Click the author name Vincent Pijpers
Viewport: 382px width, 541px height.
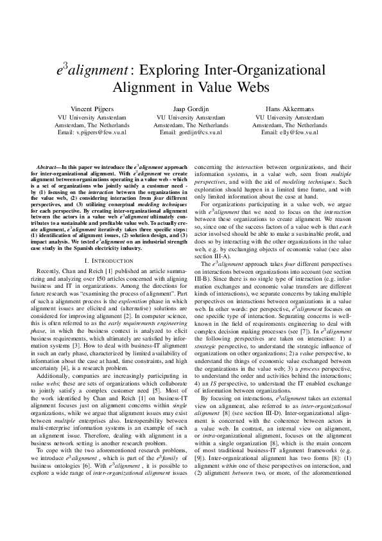coord(101,109)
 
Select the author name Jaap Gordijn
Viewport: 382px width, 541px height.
coord(191,109)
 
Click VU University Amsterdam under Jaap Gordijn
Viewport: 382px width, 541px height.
coord(191,117)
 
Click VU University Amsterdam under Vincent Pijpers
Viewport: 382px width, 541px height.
coord(101,117)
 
